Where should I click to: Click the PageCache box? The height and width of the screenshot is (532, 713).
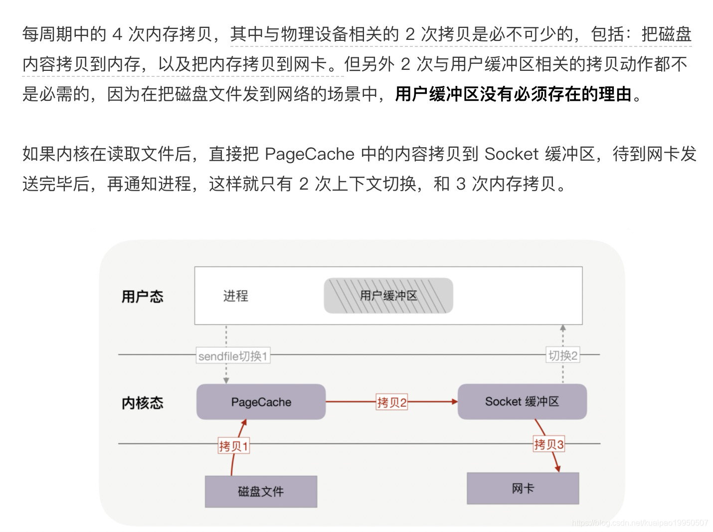(x=261, y=402)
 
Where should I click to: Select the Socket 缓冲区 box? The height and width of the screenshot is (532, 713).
(x=522, y=401)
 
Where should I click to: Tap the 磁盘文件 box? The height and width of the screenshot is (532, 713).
(x=261, y=492)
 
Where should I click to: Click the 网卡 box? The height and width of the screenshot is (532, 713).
(x=523, y=488)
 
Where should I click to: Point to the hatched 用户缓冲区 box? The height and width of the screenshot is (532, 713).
(x=388, y=295)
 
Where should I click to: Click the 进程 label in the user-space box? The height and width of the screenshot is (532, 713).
(x=235, y=296)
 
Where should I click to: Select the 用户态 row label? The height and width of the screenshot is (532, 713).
(x=142, y=296)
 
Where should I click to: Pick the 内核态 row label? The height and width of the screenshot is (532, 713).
(x=142, y=403)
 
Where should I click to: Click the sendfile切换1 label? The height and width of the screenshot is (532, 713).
(x=233, y=356)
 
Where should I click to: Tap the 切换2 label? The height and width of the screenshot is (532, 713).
(x=563, y=355)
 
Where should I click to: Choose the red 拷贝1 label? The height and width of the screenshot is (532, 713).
(x=233, y=446)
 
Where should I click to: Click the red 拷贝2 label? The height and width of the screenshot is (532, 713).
(x=392, y=402)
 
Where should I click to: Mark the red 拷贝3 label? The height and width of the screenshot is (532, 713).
(x=548, y=444)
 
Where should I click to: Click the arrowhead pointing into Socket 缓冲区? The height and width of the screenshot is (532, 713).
(x=454, y=401)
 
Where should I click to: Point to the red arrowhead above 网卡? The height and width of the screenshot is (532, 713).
(x=557, y=469)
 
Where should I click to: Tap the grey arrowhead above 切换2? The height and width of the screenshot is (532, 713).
(x=563, y=328)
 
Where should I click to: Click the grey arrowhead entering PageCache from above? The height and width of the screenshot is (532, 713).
(x=226, y=380)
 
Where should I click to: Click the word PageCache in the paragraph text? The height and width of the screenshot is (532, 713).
(x=309, y=154)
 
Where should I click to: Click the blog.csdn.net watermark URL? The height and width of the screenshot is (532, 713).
(x=640, y=523)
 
